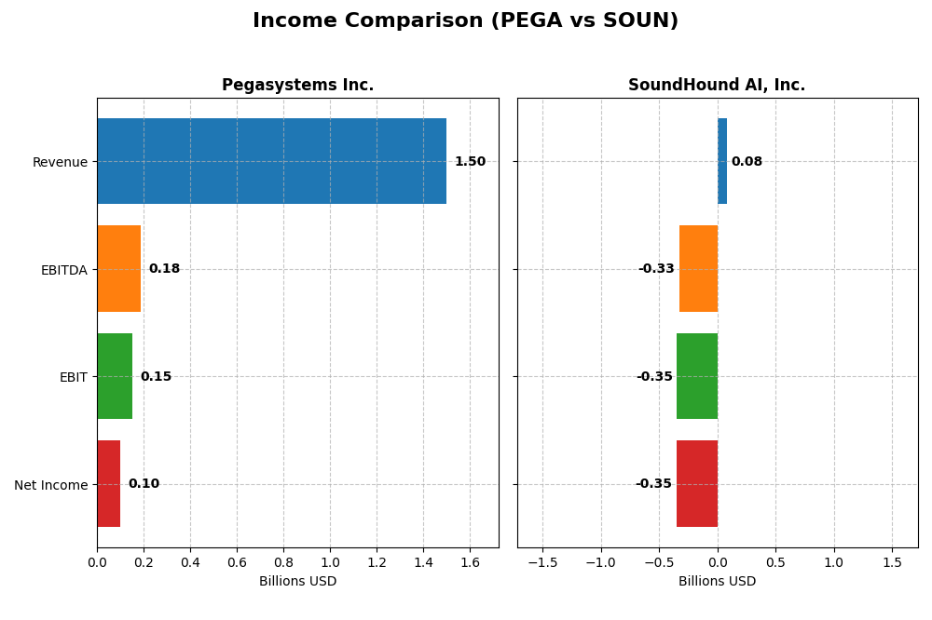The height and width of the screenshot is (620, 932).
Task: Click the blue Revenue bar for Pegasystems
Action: click(x=271, y=161)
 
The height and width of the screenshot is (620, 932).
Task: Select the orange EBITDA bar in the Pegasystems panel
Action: click(x=118, y=269)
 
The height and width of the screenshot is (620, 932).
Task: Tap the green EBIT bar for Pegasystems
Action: click(x=115, y=376)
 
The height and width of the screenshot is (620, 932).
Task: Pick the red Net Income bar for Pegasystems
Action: click(x=108, y=484)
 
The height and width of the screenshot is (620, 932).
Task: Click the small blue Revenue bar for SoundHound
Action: click(x=722, y=161)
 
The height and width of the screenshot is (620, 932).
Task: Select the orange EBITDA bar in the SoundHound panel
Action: click(x=698, y=269)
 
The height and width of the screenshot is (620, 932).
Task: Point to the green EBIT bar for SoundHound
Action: click(x=697, y=376)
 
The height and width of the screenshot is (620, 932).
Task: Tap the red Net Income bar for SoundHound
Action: click(x=697, y=484)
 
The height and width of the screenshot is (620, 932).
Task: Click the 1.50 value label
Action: click(x=470, y=162)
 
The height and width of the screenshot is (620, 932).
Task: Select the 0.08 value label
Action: click(x=747, y=162)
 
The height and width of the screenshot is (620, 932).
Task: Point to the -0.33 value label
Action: click(x=656, y=269)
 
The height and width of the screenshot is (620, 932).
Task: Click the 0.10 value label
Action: click(x=144, y=484)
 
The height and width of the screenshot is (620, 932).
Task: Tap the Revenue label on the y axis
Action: click(x=60, y=162)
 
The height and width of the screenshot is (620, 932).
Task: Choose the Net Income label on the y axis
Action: click(x=51, y=485)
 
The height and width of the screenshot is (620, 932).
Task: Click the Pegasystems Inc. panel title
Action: click(x=297, y=86)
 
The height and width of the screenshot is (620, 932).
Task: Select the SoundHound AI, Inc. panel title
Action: click(x=717, y=86)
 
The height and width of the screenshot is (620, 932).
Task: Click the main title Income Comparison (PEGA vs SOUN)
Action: click(x=465, y=21)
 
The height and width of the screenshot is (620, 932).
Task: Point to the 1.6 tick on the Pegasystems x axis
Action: click(x=470, y=562)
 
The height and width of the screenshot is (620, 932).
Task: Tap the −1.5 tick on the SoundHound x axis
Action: click(x=542, y=562)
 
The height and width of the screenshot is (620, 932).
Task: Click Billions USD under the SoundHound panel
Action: click(x=717, y=581)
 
